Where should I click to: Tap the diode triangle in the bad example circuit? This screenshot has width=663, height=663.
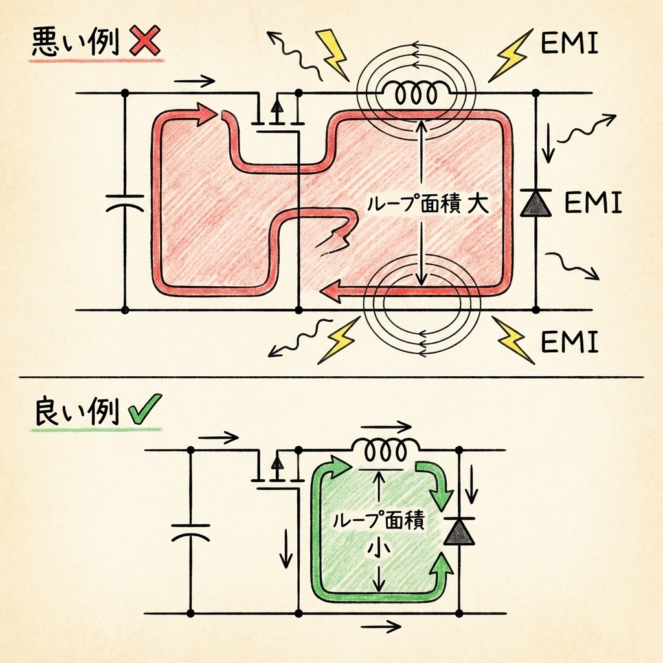pos(536,203)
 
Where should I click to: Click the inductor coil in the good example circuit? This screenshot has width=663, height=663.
pos(385,447)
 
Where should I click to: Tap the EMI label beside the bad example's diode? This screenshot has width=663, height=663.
pos(593,203)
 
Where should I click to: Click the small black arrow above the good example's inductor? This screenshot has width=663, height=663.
pos(387,427)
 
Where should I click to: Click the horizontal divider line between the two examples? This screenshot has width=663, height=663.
pos(331,376)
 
